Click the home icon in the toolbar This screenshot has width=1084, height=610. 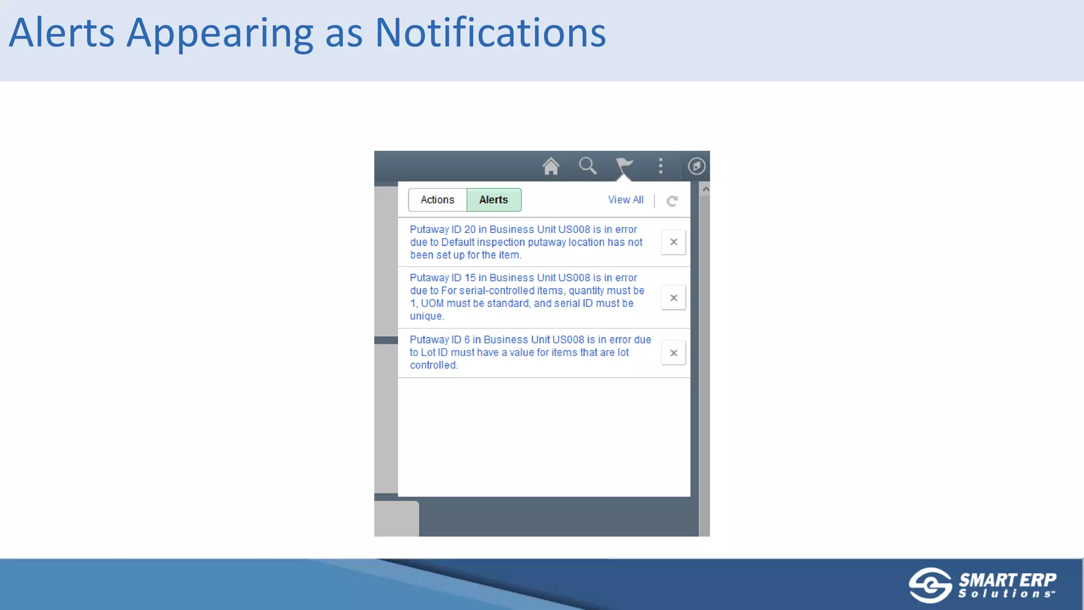click(550, 166)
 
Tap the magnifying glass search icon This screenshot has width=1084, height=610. click(588, 166)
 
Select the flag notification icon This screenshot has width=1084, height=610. click(624, 166)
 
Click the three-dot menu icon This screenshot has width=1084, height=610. click(661, 166)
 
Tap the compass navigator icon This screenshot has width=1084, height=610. click(696, 166)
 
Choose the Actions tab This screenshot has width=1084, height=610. click(437, 200)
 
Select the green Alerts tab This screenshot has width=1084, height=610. click(493, 200)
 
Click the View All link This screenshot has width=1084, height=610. click(626, 200)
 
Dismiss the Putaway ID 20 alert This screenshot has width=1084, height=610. click(673, 242)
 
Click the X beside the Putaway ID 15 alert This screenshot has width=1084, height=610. click(673, 298)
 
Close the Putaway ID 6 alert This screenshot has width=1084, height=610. click(673, 353)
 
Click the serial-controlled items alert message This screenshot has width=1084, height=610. click(526, 297)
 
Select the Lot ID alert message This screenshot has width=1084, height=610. click(529, 352)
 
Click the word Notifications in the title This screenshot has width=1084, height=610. click(490, 33)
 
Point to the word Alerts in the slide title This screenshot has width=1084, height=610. click(61, 33)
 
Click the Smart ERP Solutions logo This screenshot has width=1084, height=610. click(982, 585)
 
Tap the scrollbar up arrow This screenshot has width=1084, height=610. click(705, 189)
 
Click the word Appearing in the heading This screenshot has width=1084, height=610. click(220, 33)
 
